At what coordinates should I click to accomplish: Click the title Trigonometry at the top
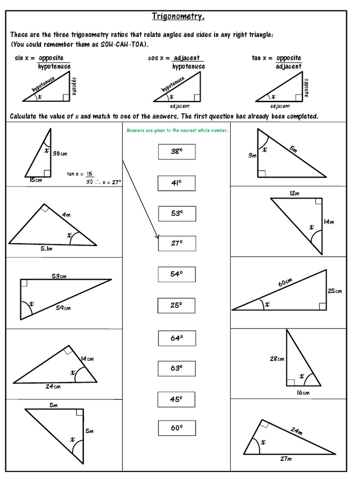[178, 17]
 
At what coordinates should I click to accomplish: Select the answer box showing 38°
[176, 152]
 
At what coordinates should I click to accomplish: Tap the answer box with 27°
[176, 243]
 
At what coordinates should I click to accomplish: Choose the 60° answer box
[176, 428]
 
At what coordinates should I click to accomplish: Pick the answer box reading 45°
[176, 399]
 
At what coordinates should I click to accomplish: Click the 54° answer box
[176, 274]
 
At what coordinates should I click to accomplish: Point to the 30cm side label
[59, 153]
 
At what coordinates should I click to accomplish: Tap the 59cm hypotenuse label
[63, 308]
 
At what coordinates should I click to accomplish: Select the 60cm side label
[285, 283]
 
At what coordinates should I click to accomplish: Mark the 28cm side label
[276, 359]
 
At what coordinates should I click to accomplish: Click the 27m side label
[286, 459]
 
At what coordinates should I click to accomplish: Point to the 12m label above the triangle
[294, 193]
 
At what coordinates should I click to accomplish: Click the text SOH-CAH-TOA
[124, 44]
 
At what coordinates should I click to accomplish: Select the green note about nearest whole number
[177, 131]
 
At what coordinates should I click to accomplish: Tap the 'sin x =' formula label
[24, 58]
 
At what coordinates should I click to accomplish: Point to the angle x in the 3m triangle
[265, 150]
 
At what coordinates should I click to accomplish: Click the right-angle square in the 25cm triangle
[322, 306]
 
